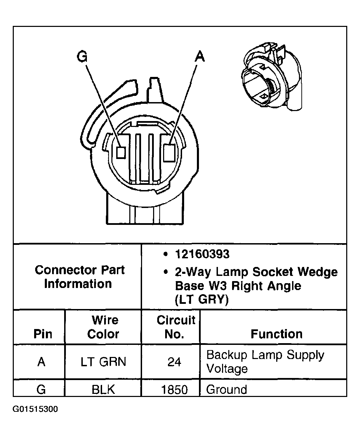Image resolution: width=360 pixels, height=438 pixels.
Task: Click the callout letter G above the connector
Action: (82, 56)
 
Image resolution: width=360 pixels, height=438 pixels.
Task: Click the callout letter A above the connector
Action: (199, 56)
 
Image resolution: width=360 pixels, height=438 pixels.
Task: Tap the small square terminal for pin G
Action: (121, 152)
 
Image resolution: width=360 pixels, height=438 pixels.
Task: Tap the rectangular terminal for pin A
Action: (169, 152)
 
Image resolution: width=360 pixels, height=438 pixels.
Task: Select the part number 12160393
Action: (202, 254)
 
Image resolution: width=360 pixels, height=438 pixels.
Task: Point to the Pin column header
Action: (43, 334)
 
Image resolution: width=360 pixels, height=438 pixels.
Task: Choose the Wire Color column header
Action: (103, 327)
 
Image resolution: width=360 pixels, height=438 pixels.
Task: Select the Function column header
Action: (277, 334)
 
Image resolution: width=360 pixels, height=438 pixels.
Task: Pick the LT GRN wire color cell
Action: (103, 362)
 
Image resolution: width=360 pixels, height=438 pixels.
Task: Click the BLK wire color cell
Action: (103, 389)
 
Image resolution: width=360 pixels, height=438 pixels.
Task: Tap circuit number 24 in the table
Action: (174, 362)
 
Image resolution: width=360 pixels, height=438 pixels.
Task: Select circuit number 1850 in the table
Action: (174, 390)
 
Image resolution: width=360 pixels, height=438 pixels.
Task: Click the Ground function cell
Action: (227, 389)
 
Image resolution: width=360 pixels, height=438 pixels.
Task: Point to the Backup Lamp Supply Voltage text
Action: (265, 361)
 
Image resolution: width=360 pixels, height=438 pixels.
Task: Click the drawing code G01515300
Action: (36, 409)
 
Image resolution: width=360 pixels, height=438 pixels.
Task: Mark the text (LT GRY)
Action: (202, 300)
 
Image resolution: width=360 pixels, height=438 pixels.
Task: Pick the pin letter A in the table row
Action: (41, 362)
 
